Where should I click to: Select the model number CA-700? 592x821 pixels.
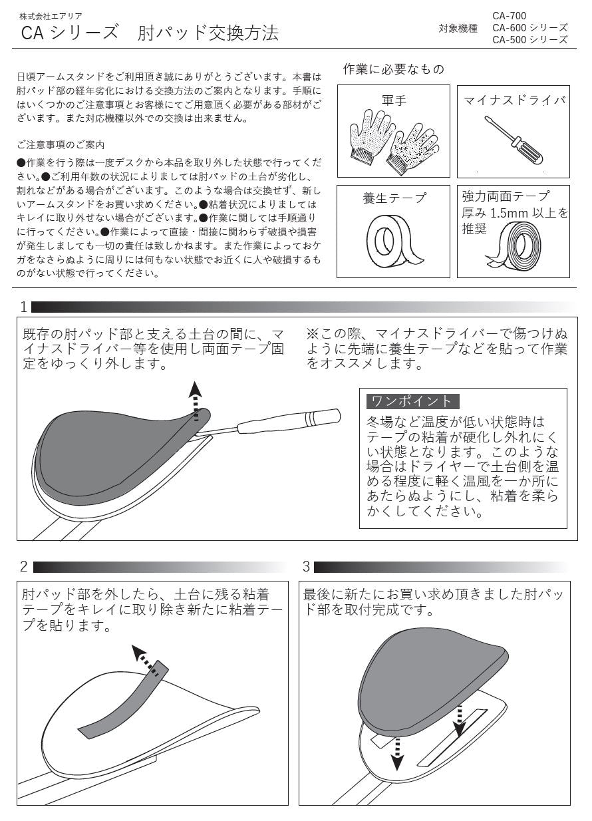[510, 15]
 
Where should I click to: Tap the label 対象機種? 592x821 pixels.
[458, 28]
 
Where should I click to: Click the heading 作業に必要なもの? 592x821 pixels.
[393, 69]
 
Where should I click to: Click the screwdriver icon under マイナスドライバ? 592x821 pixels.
[513, 140]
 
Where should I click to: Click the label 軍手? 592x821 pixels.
[394, 101]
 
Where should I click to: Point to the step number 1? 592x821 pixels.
[24, 307]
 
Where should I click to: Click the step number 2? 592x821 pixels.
[24, 567]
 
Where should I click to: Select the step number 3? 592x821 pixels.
[306, 567]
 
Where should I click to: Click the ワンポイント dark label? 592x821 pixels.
[412, 401]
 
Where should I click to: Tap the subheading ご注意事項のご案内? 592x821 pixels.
[61, 145]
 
